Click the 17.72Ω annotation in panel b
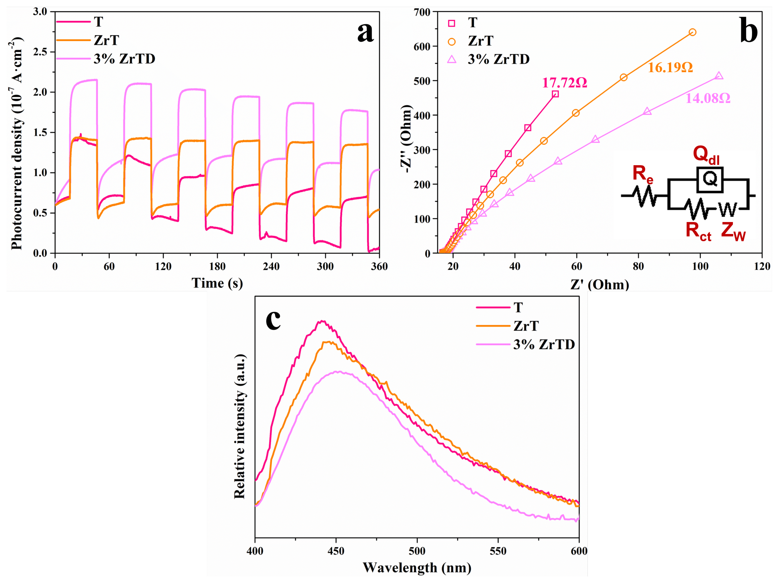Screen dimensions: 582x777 pyautogui.click(x=564, y=83)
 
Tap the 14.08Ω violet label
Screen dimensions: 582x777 pyautogui.click(x=708, y=98)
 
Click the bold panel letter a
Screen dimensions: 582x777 pyautogui.click(x=365, y=32)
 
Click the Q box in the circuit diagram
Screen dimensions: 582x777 pyautogui.click(x=710, y=180)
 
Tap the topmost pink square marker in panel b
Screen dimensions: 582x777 pyautogui.click(x=555, y=94)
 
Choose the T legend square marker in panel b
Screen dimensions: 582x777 pyautogui.click(x=452, y=23)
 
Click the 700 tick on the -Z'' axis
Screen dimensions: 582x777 pyautogui.click(x=423, y=12)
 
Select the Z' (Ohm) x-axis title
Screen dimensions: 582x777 pyautogui.click(x=600, y=284)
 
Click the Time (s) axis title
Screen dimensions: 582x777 pyautogui.click(x=217, y=283)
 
